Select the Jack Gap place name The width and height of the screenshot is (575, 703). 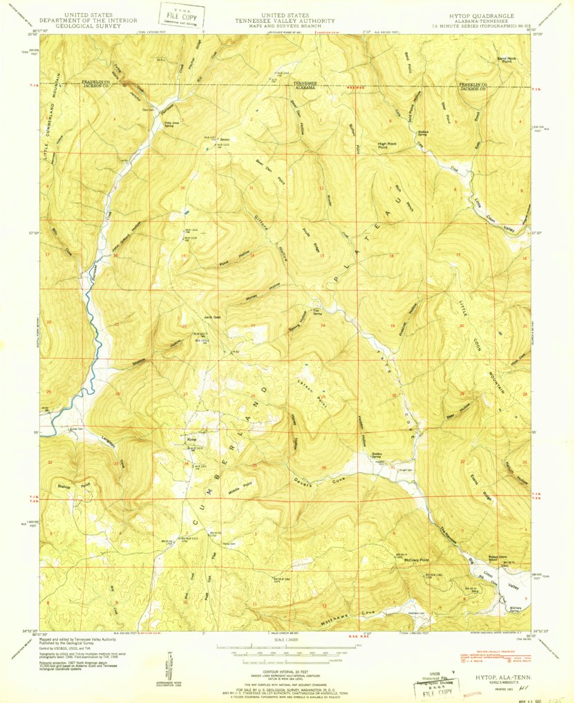tap(211, 317)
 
